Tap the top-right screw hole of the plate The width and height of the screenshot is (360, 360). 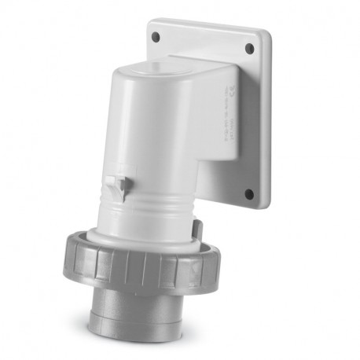click(249, 49)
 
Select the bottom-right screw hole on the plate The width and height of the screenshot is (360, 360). click(248, 193)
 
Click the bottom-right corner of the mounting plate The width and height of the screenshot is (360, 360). click(263, 206)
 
